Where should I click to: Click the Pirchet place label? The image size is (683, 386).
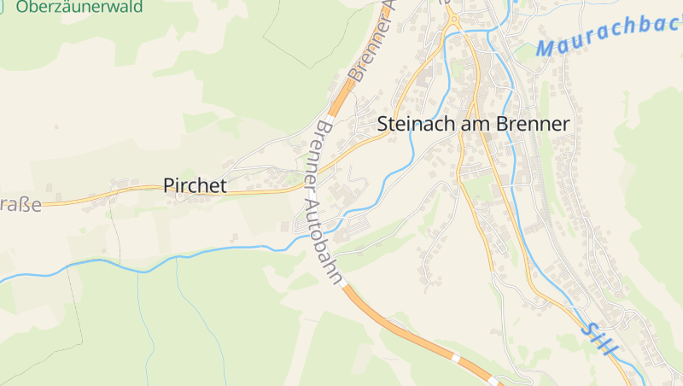(x=195, y=185)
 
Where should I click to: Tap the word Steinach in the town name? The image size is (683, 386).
(x=416, y=124)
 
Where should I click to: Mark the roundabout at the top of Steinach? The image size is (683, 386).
(x=453, y=20)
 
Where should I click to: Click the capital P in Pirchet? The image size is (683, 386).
(x=169, y=185)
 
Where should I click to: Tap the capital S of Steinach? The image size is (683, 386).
(x=382, y=124)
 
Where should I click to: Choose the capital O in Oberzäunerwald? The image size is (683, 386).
(x=23, y=7)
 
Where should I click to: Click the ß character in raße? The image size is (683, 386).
(x=24, y=206)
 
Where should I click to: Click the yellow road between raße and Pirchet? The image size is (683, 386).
(x=94, y=201)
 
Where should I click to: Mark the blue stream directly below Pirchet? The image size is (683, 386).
(x=195, y=254)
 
